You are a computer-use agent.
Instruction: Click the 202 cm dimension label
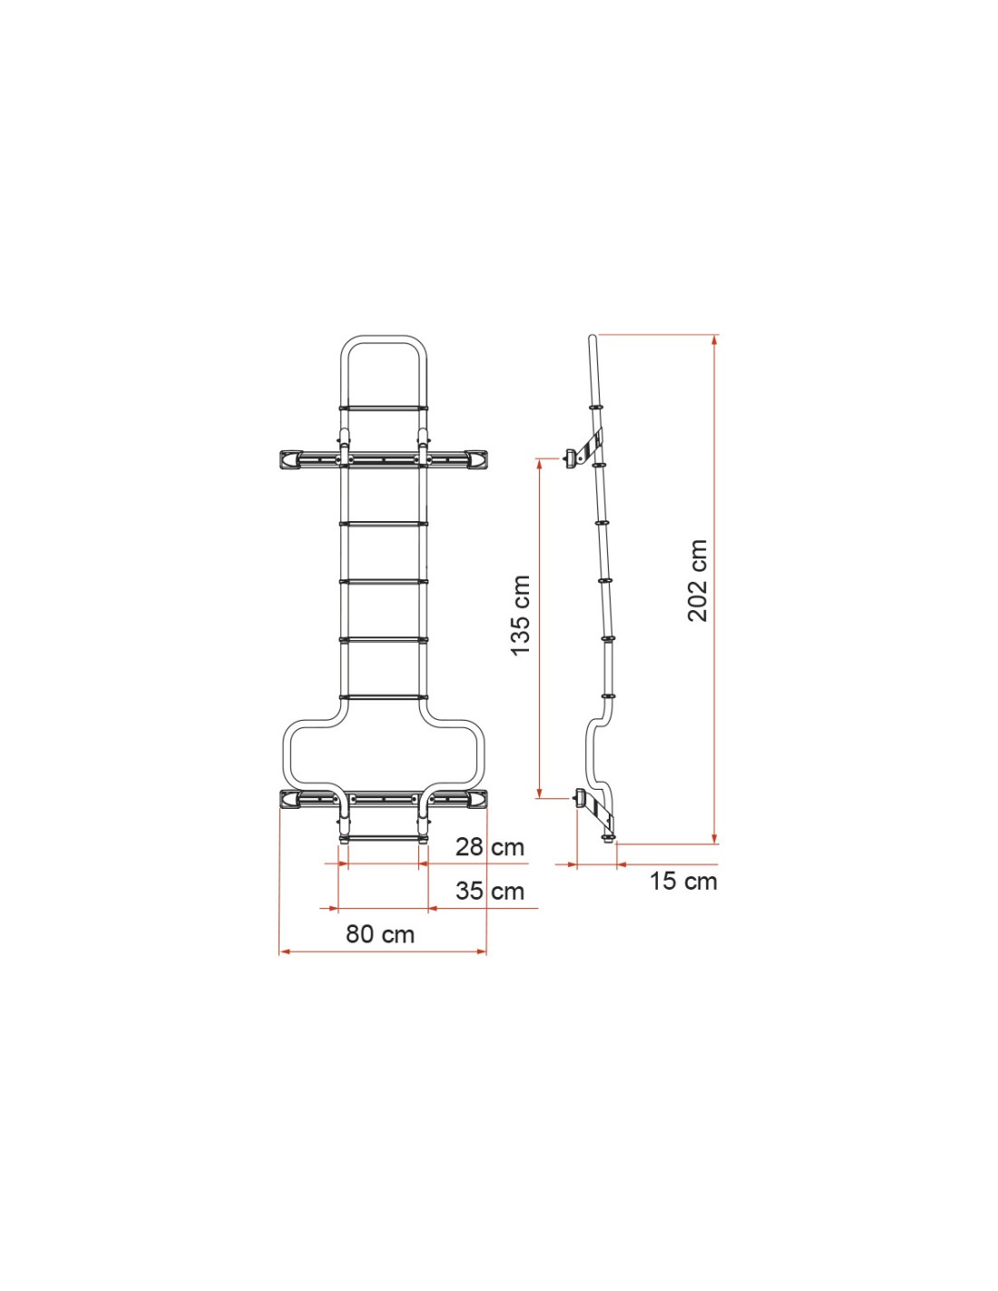[x=698, y=580]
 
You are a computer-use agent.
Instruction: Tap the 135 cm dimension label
[x=521, y=616]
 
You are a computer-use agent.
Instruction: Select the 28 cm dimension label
[x=490, y=847]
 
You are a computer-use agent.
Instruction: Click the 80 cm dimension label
[x=380, y=934]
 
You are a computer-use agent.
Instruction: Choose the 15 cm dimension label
[x=683, y=881]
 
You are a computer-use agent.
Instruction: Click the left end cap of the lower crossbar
[x=290, y=799]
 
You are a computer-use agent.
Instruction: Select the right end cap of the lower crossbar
[x=477, y=799]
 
